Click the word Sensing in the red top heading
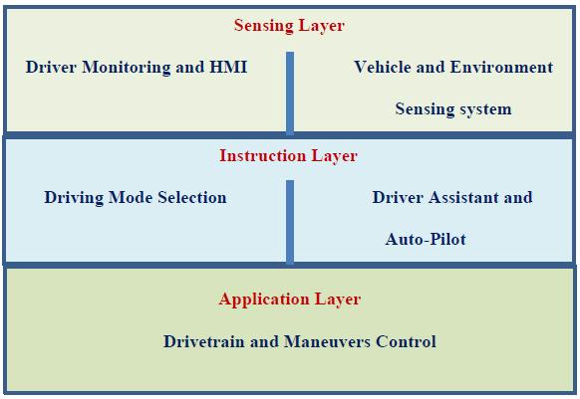pos(264,26)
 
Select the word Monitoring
pos(127,68)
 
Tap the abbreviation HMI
pos(228,67)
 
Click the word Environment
pos(501,67)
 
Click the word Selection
pos(192,197)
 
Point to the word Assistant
pos(463,197)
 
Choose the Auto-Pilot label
pos(426,239)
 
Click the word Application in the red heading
pos(264,299)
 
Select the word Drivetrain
pos(204,341)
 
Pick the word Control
pos(406,341)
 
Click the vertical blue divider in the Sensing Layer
pos(290,94)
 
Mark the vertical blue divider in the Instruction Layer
pos(290,222)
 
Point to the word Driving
pos(74,198)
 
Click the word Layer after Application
pos(338,299)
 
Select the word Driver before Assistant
pos(398,197)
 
